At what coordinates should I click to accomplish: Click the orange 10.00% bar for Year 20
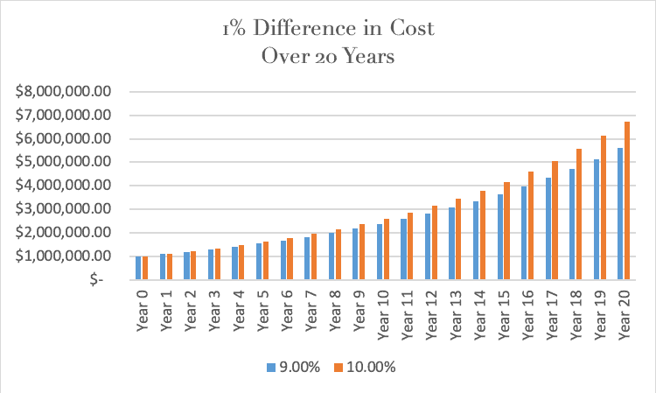[x=625, y=201]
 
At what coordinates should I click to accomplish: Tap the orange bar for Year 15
[x=506, y=231]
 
